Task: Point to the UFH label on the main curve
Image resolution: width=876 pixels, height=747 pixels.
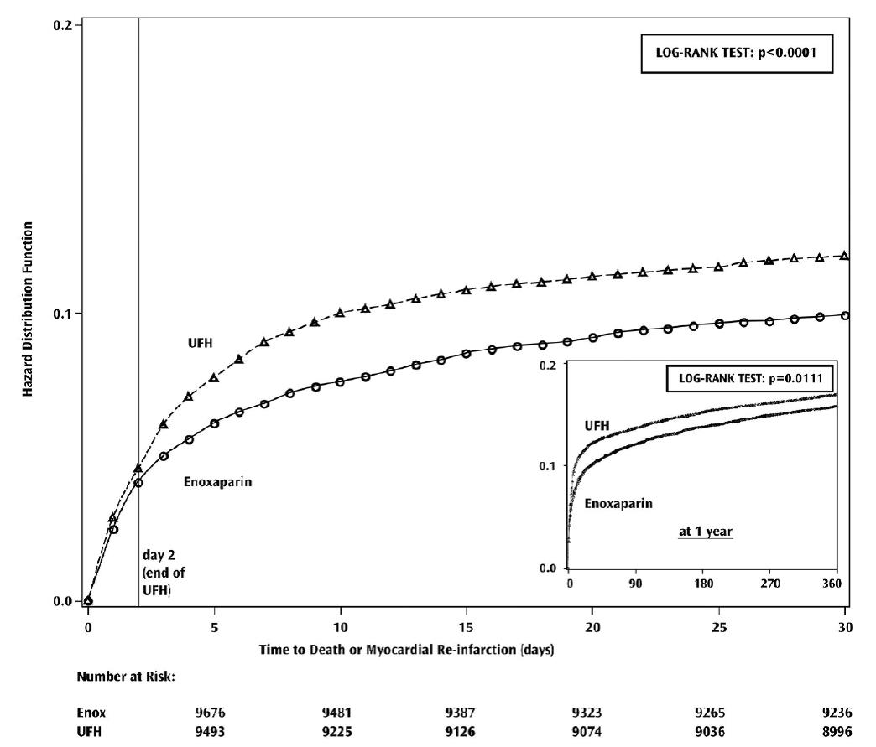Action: pos(200,343)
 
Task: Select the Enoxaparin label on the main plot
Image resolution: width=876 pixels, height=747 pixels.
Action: pos(218,482)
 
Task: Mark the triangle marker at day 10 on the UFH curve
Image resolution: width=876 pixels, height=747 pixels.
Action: pos(340,313)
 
